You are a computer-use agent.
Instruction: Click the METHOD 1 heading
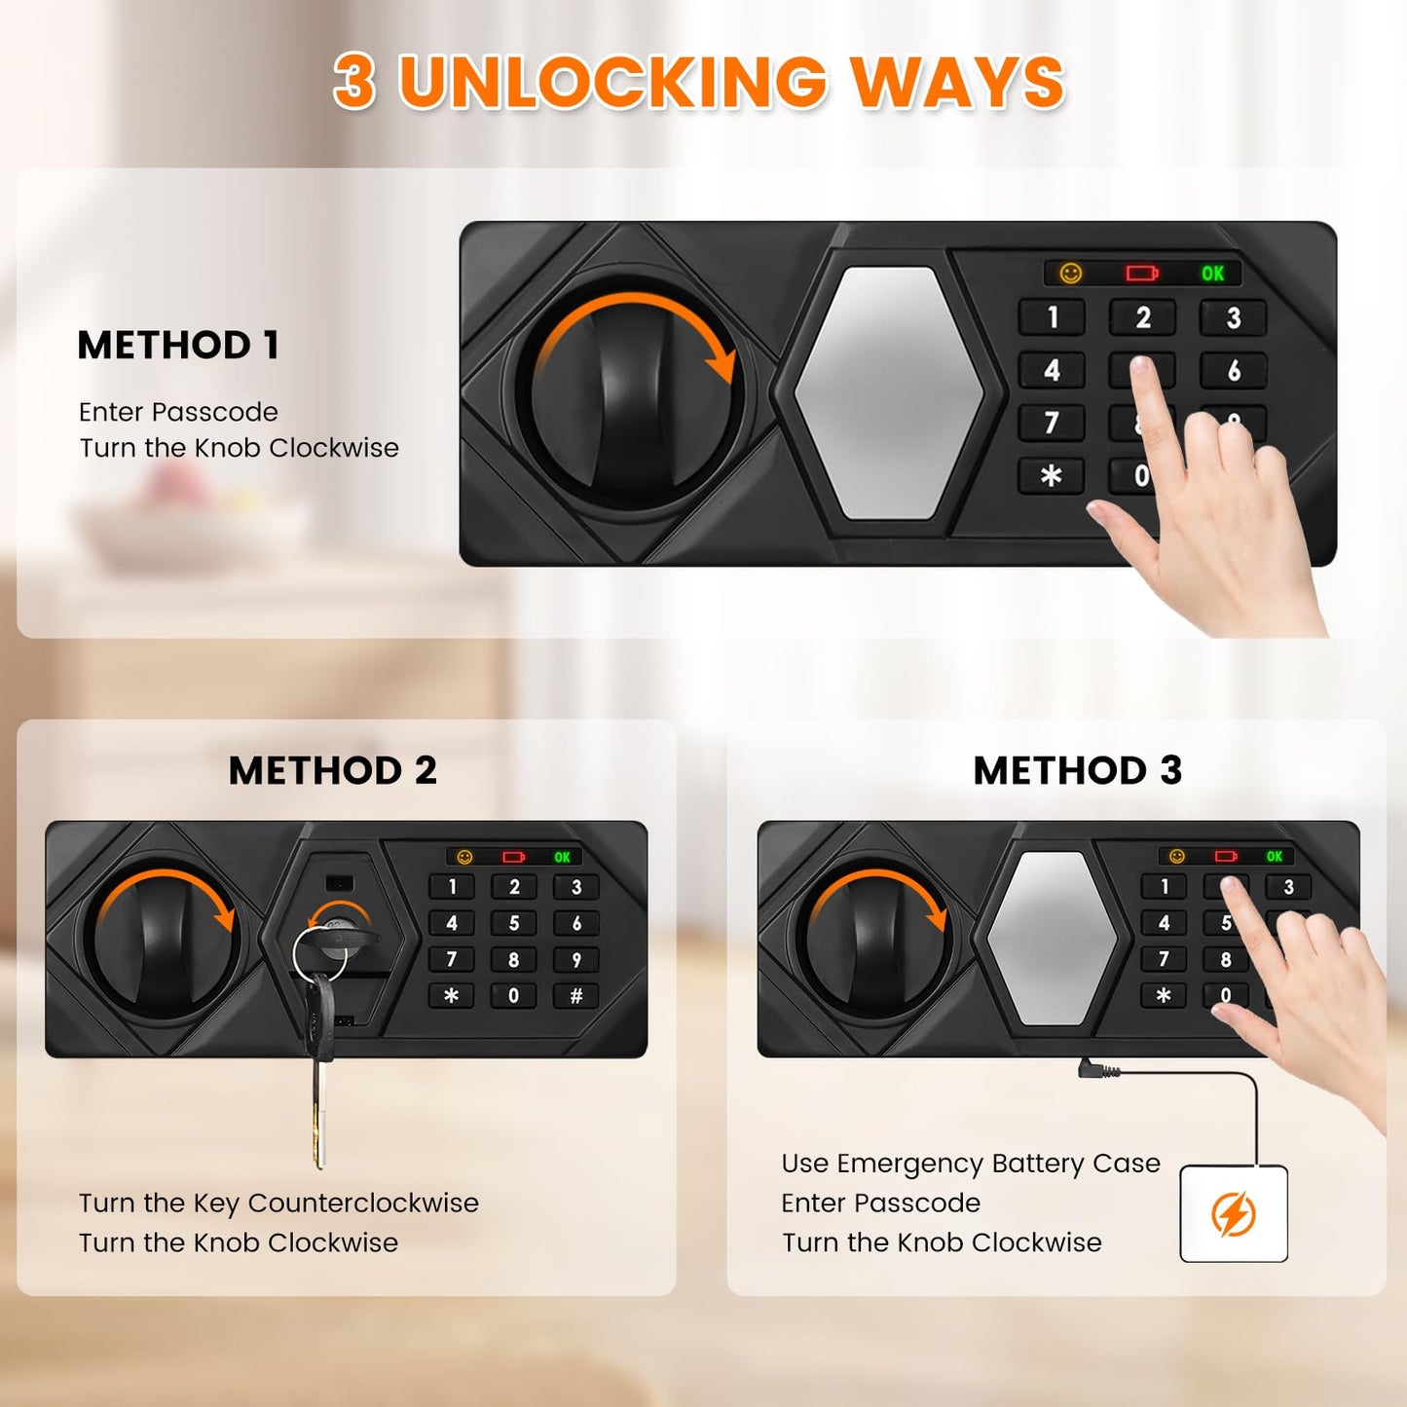[178, 345]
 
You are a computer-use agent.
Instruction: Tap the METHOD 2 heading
[333, 770]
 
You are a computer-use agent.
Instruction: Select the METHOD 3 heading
[1078, 770]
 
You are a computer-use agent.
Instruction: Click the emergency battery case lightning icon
[1234, 1214]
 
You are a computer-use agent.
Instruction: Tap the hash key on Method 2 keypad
[576, 996]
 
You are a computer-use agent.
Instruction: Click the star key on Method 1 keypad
[1052, 476]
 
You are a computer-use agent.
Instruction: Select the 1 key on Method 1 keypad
[1053, 317]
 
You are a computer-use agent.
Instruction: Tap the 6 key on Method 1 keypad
[1234, 370]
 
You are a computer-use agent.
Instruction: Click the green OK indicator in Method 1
[1213, 274]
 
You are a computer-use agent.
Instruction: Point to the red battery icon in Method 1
[1142, 274]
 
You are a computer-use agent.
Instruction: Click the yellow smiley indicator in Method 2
[465, 857]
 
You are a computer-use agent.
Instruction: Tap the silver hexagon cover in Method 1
[889, 392]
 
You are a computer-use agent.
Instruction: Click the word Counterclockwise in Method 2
[363, 1203]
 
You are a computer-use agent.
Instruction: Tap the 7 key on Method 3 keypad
[1164, 959]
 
